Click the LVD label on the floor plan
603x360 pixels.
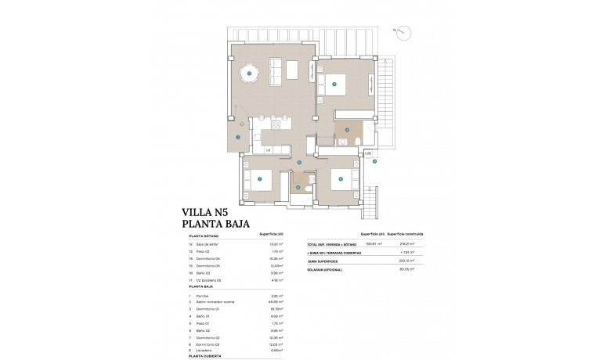coord(367,153)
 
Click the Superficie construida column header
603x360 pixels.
coord(406,234)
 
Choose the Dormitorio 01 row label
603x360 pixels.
coord(211,309)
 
